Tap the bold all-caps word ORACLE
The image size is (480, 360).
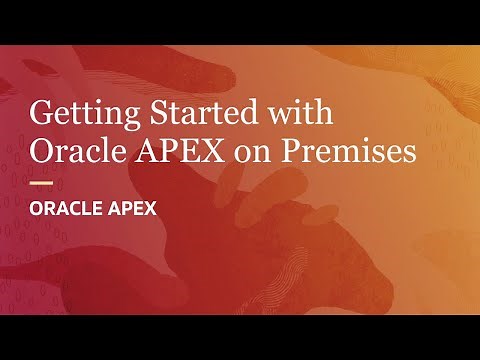[x=69, y=211]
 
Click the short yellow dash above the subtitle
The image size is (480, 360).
[x=41, y=183]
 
